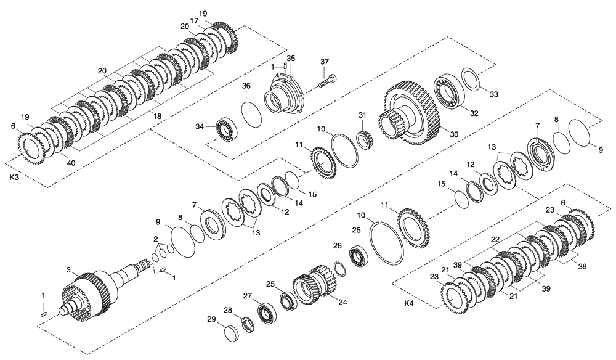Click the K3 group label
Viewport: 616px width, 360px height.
click(x=14, y=177)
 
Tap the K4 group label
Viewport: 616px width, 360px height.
click(x=409, y=304)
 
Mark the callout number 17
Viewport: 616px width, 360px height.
click(x=195, y=20)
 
